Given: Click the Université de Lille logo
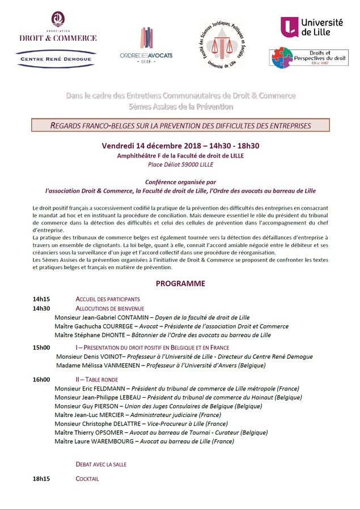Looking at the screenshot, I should (x=312, y=27).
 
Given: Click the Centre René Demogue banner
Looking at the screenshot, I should (x=56, y=58).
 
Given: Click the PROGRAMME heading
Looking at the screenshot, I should (x=180, y=283).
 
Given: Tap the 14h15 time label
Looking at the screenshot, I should (x=41, y=299).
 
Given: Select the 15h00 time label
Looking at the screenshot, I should (x=41, y=347).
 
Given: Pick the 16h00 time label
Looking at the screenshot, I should (x=41, y=380).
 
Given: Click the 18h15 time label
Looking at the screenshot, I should (x=41, y=479).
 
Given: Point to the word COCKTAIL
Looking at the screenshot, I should (x=87, y=479).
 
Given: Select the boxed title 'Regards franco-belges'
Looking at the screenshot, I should (x=180, y=125).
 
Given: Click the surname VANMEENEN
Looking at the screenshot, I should (x=124, y=366).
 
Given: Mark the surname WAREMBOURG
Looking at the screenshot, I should (x=107, y=441).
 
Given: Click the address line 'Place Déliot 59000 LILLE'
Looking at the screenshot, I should (x=180, y=165).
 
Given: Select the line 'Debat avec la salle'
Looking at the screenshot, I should (x=101, y=464).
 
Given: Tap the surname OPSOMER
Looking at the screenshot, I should (x=116, y=433).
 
